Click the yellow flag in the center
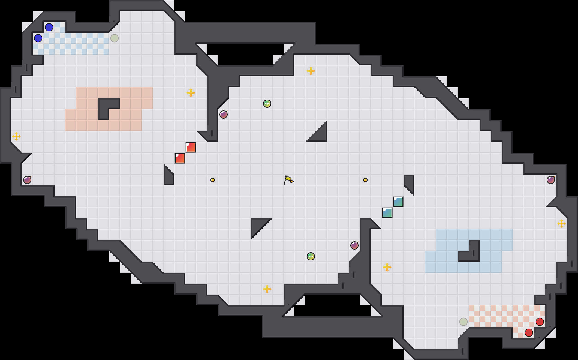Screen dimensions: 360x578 pos(288,180)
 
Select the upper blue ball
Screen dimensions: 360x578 pos(49,27)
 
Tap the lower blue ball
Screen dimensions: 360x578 pos(38,38)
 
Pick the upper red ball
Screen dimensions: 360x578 pos(540,322)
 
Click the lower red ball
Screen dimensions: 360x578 pos(529,333)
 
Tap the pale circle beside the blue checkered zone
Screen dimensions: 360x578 pos(115,38)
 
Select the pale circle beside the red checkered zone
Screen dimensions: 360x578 pos(463,322)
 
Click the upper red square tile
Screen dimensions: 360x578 pos(191,147)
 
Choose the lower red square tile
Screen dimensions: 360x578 pos(180,158)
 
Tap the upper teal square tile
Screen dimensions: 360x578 pos(398,202)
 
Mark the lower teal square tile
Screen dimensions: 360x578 pos(387,213)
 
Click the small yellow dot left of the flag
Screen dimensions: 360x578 pos(213,180)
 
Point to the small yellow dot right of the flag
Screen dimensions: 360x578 pos(365,180)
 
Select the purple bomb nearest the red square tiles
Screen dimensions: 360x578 pos(224,115)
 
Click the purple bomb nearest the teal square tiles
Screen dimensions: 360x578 pos(354,245)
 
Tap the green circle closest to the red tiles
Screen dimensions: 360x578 pos(267,104)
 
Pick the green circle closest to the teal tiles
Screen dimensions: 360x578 pos(311,256)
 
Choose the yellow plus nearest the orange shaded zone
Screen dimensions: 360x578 pos(191,93)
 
